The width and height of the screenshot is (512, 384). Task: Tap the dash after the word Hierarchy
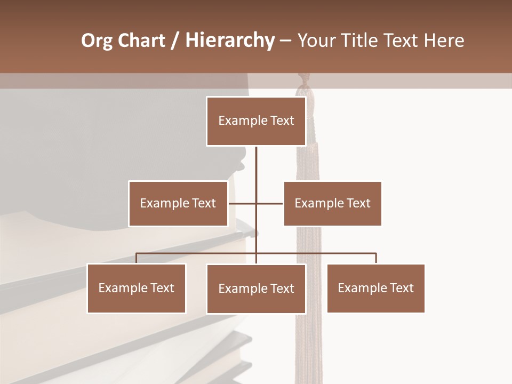click(285, 41)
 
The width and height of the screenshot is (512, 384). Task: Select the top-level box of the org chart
click(256, 121)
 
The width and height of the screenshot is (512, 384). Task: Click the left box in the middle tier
click(178, 203)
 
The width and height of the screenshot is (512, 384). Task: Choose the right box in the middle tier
click(332, 203)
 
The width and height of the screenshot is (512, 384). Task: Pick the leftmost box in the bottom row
click(136, 289)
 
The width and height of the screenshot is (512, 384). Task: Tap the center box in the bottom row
click(256, 289)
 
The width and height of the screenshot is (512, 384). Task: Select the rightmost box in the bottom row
click(375, 289)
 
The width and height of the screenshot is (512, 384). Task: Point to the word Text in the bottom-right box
click(402, 289)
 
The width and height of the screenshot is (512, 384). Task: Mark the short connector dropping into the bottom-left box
click(136, 259)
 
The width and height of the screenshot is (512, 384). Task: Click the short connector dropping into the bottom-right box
click(375, 259)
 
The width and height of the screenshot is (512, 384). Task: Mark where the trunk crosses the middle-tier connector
click(256, 203)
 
